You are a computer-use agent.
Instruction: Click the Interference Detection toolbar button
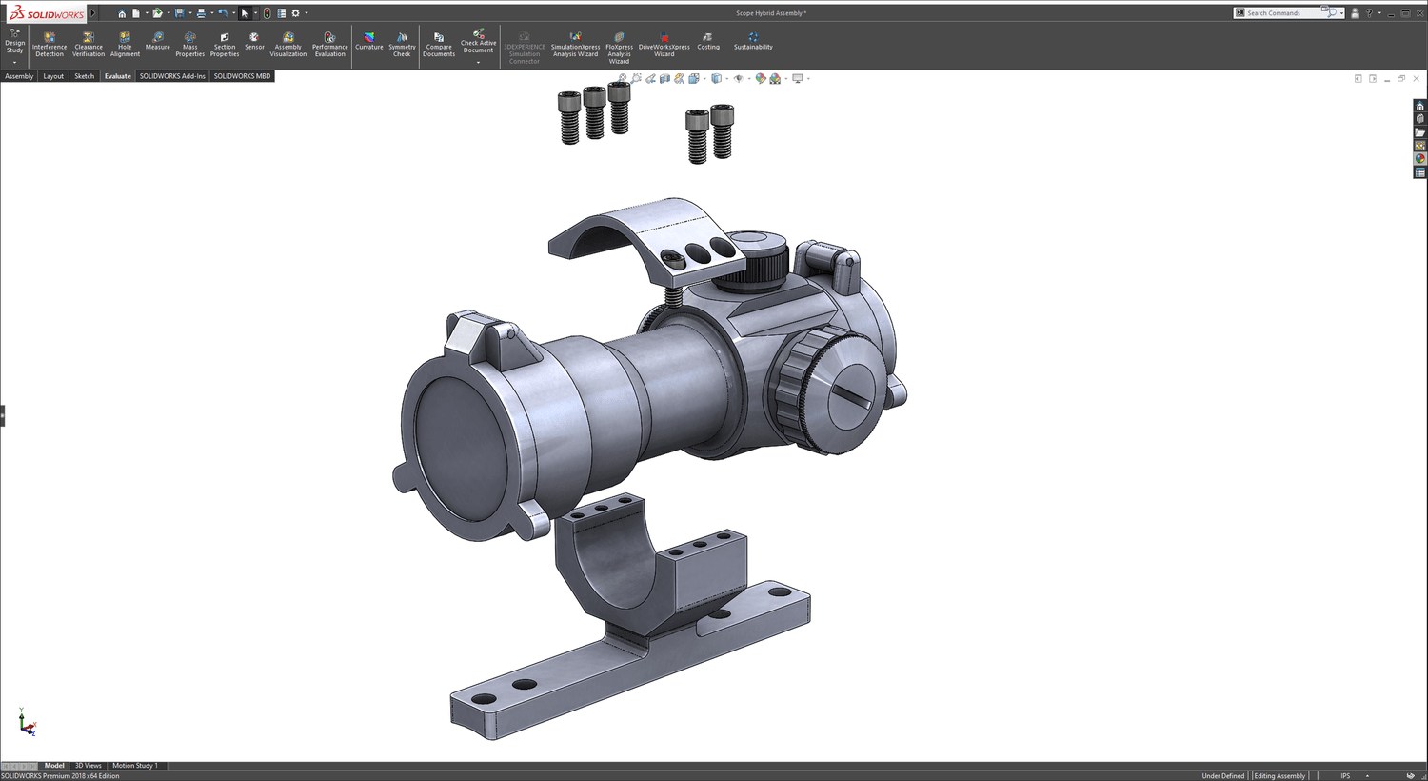[50, 44]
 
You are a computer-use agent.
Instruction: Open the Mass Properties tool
[189, 44]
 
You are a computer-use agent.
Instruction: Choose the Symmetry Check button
[402, 44]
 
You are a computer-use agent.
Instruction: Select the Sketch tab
[84, 76]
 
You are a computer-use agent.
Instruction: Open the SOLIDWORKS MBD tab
[242, 76]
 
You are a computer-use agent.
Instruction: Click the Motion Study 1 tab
[134, 766]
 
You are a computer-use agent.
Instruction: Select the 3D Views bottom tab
[88, 766]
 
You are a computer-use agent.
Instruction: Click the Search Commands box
[1281, 13]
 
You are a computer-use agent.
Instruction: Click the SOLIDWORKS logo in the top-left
[47, 13]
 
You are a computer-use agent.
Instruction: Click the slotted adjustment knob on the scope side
[847, 395]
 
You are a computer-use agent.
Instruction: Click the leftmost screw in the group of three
[569, 118]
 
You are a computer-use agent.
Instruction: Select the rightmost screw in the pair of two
[723, 130]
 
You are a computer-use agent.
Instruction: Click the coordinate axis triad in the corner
[27, 724]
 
